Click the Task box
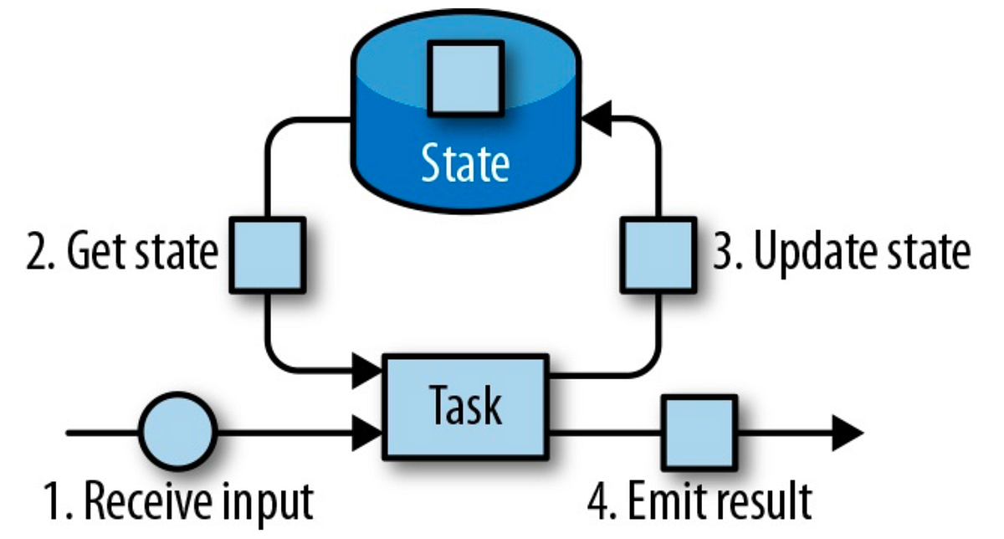pyautogui.click(x=465, y=406)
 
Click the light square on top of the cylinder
pyautogui.click(x=465, y=78)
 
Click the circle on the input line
pyautogui.click(x=177, y=434)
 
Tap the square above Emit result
pyautogui.click(x=699, y=434)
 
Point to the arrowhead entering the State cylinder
pyautogui.click(x=596, y=120)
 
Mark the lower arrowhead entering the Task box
pyautogui.click(x=369, y=434)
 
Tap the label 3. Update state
pyautogui.click(x=841, y=252)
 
